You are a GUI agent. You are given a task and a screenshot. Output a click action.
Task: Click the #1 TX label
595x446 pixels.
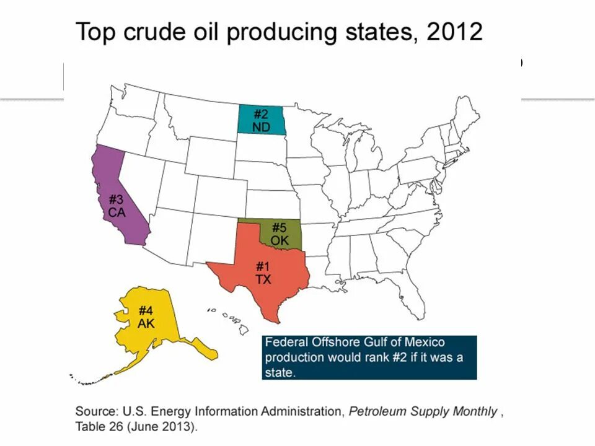(263, 273)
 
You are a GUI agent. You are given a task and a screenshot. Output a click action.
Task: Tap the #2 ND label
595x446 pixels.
(261, 120)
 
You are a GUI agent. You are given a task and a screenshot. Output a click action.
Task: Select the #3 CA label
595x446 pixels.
(117, 206)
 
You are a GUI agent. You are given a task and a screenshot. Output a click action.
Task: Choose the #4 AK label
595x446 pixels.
(146, 317)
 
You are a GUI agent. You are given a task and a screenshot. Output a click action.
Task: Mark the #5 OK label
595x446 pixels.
(280, 233)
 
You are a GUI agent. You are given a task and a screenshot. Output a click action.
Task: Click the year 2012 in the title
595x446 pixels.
(454, 31)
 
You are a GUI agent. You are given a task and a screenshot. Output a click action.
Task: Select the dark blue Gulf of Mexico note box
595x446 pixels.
(369, 357)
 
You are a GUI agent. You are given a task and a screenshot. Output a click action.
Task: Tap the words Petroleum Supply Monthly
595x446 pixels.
(423, 411)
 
